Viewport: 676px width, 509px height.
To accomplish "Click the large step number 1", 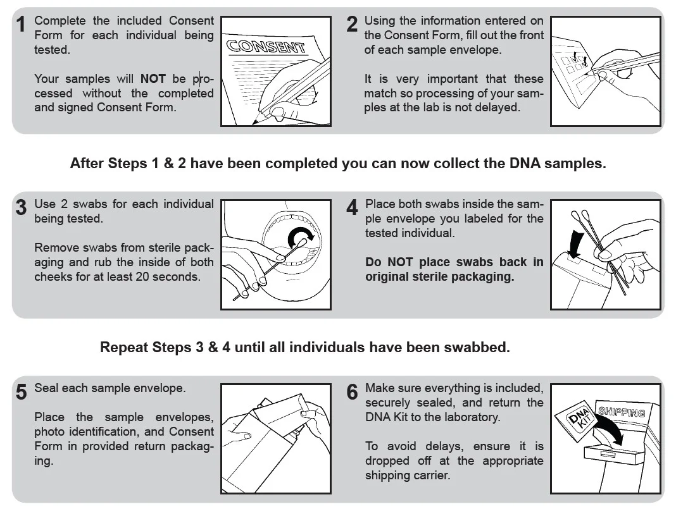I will (22, 25).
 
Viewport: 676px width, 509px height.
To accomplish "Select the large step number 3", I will (22, 208).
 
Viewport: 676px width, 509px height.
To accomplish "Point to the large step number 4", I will (353, 208).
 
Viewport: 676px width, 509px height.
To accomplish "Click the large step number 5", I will (22, 392).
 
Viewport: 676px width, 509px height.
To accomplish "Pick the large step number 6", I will (353, 392).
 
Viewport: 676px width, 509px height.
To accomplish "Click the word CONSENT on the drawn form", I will (266, 47).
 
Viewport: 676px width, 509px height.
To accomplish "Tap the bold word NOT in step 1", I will (153, 79).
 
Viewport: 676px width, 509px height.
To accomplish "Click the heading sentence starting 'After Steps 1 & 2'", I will (337, 163).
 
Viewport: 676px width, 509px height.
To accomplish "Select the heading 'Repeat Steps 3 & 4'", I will (304, 347).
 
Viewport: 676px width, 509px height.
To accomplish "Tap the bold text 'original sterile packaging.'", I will (439, 277).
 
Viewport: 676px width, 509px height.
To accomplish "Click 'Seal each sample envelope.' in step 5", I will (110, 388).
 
